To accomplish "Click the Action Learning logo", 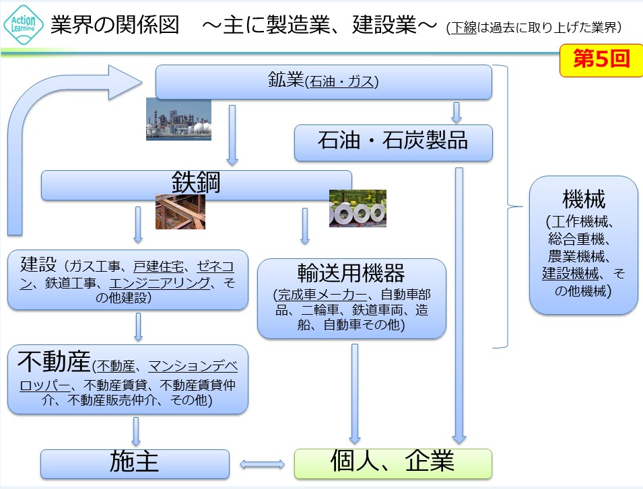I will (x=24, y=25).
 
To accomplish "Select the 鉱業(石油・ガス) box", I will (x=323, y=82).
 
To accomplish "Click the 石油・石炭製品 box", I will (x=393, y=143).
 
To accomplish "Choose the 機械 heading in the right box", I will (x=584, y=199).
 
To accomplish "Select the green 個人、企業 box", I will (x=393, y=463).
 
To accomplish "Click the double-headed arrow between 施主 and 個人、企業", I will (x=263, y=463).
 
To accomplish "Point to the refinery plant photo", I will (x=178, y=120).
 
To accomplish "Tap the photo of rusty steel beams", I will (x=180, y=212).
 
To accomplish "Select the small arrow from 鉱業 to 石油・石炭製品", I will (x=456, y=112).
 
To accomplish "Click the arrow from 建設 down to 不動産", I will (x=138, y=326).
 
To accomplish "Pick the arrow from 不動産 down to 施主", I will (x=136, y=431).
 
